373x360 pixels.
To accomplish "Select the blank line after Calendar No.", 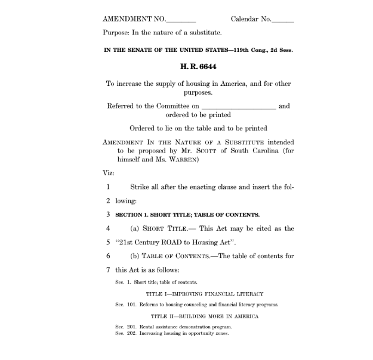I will [x=283, y=20].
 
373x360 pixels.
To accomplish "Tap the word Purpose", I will [x=116, y=32].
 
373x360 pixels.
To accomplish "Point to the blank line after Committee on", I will [x=239, y=107].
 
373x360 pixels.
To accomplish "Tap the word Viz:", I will [x=108, y=173].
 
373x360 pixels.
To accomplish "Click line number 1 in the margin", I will [x=108, y=187].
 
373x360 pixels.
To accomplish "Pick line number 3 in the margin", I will [x=108, y=214].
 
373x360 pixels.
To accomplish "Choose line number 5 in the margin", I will [x=108, y=242].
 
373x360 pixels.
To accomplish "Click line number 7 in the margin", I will [x=108, y=269].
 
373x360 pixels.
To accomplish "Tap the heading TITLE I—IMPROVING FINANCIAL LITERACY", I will [x=205, y=293].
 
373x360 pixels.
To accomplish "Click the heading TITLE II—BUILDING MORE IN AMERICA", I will [x=205, y=316].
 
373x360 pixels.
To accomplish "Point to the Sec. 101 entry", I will [x=196, y=305].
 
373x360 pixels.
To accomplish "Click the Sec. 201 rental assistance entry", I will [x=174, y=327].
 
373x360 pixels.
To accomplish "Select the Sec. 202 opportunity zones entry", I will [x=172, y=333].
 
